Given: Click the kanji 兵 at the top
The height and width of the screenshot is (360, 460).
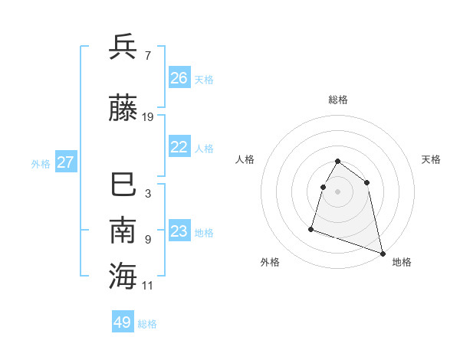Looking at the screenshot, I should [x=123, y=47].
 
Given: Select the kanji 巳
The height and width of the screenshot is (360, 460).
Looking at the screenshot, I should [x=123, y=185].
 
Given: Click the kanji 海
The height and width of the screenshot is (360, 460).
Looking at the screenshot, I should [x=123, y=276].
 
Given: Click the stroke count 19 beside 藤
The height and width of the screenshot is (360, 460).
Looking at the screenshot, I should [x=148, y=117].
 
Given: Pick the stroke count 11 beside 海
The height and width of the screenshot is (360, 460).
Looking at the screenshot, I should [x=148, y=285].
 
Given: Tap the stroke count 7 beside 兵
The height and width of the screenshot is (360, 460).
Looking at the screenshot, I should [x=147, y=55].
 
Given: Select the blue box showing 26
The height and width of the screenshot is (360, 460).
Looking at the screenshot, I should [x=179, y=77].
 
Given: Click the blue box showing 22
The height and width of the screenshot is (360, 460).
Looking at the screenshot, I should [x=179, y=147].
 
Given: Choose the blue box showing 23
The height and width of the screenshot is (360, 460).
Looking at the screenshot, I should [x=179, y=231].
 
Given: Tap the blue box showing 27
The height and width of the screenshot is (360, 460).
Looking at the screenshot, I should [x=66, y=162].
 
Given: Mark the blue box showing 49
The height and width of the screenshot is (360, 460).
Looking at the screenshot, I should [x=123, y=322].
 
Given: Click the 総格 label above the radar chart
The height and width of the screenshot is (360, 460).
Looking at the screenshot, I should [x=338, y=100].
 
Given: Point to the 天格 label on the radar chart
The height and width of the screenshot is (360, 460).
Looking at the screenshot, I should [x=432, y=159].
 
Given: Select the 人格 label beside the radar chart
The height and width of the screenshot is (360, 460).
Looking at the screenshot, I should [x=245, y=159].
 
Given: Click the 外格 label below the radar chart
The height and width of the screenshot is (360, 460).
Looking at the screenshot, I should [x=270, y=262].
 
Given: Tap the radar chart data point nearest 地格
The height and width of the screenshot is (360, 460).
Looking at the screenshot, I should [x=383, y=252].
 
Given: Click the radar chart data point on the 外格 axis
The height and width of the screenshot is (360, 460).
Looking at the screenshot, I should [x=311, y=228].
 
